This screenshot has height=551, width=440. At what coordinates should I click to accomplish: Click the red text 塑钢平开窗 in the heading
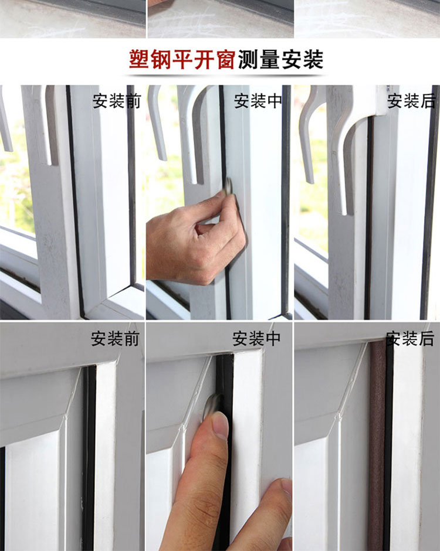[x=182, y=59]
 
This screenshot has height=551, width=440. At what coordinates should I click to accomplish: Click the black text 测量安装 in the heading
[x=280, y=59]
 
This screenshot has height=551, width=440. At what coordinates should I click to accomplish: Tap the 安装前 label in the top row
[x=117, y=101]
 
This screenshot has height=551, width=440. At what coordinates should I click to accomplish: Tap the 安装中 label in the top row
[x=258, y=101]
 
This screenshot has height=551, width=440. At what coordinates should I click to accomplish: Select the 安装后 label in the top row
[x=411, y=101]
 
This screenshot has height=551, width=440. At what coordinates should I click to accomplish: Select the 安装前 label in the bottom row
[x=115, y=339]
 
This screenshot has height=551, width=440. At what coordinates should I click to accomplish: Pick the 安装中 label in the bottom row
[x=256, y=339]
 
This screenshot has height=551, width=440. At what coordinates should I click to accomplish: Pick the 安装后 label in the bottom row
[x=410, y=339]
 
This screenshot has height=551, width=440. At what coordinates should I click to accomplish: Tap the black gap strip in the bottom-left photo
[x=89, y=457]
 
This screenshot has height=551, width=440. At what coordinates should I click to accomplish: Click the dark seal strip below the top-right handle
[x=368, y=218]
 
